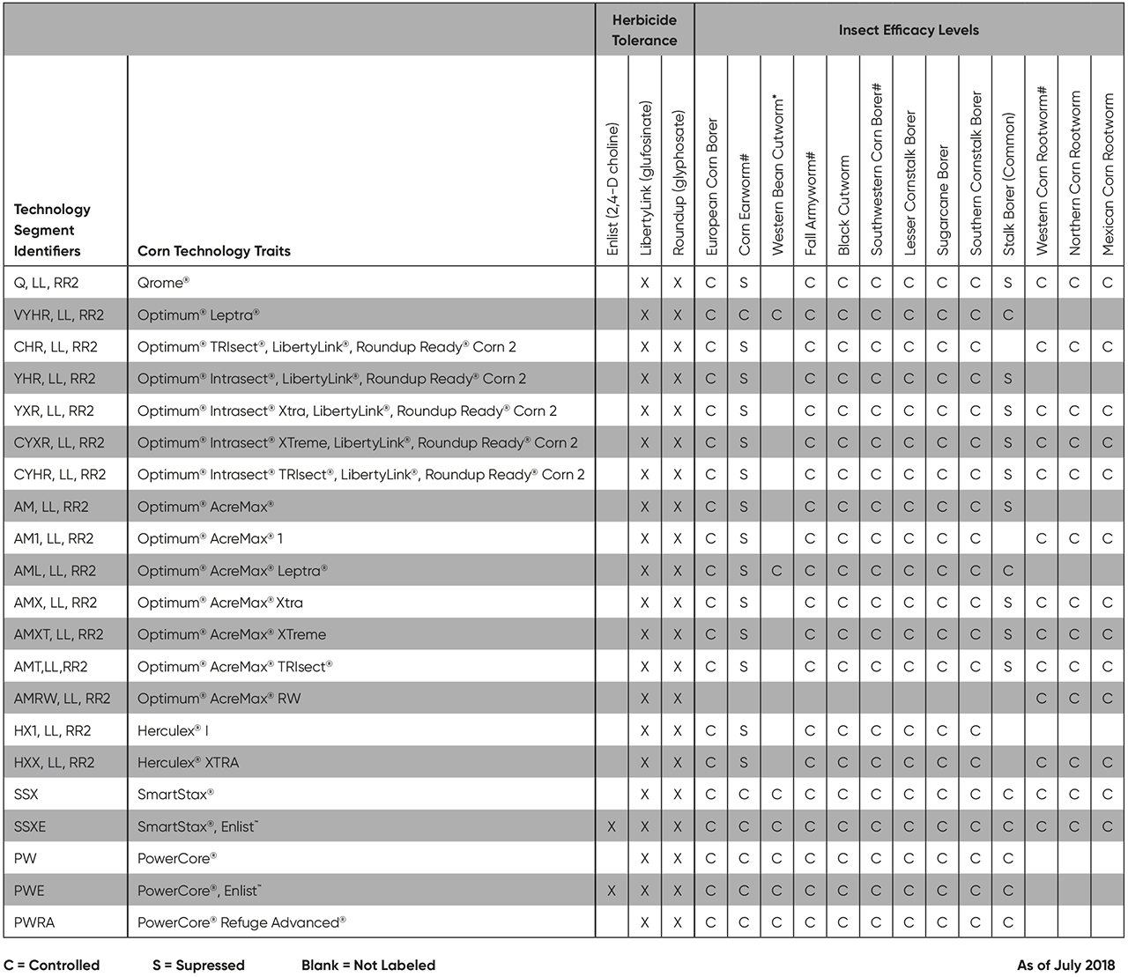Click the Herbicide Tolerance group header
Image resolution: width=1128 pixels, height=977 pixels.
(644, 30)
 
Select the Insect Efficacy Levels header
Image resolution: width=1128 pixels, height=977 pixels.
(909, 30)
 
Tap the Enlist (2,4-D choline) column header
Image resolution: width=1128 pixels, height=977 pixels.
(612, 189)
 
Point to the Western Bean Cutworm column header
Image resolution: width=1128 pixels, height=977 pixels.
(777, 176)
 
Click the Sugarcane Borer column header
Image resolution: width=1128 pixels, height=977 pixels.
(943, 200)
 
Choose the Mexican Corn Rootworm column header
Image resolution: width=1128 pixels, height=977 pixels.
(1108, 174)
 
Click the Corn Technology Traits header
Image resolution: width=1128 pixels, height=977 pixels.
(213, 251)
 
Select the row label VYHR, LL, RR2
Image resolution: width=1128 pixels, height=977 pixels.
(59, 315)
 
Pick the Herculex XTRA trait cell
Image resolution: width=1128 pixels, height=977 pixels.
(188, 762)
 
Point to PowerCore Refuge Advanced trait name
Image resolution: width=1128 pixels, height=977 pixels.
(241, 922)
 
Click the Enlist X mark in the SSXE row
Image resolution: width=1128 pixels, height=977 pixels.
(612, 826)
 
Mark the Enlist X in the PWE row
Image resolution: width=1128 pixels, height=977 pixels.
(612, 891)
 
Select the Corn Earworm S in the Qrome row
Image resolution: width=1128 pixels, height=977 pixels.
(744, 283)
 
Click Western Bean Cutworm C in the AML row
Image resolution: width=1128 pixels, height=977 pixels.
(776, 571)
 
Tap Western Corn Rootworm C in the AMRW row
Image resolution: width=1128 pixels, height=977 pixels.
(1042, 699)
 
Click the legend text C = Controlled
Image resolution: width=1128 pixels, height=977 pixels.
(52, 965)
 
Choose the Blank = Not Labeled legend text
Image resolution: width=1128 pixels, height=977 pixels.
(368, 965)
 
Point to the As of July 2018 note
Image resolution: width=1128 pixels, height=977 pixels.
(1065, 965)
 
